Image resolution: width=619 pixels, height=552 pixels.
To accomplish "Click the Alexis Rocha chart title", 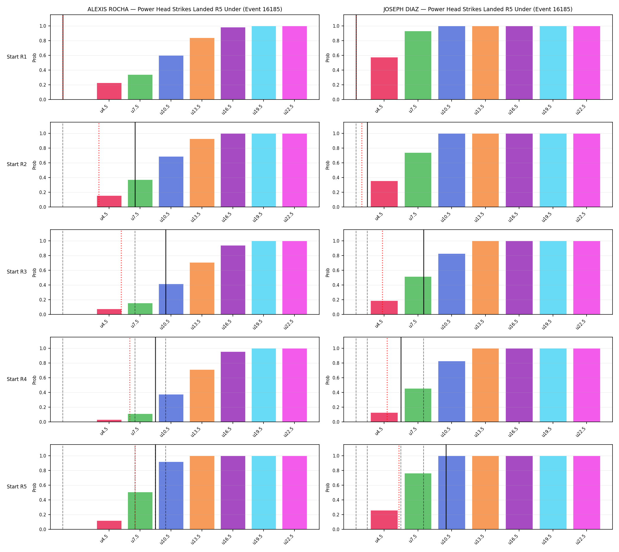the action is [185, 9].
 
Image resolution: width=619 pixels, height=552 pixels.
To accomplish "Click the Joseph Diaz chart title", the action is [478, 9].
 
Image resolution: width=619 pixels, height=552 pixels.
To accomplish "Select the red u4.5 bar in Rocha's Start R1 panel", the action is [109, 91].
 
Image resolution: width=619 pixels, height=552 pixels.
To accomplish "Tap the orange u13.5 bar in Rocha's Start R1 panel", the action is [202, 69].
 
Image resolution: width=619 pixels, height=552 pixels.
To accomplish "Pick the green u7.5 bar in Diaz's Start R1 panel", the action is [418, 65].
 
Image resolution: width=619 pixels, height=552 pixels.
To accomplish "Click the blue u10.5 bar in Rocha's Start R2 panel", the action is [171, 182].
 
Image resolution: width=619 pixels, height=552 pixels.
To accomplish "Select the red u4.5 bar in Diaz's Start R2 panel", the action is [384, 194].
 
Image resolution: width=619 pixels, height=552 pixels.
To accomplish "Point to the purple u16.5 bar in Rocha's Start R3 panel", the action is [233, 280].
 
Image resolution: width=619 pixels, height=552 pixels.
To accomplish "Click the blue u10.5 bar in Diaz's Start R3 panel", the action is [452, 284].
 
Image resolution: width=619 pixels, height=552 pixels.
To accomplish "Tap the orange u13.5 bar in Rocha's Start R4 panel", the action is [202, 396].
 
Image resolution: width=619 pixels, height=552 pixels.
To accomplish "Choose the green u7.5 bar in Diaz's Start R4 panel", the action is [418, 405].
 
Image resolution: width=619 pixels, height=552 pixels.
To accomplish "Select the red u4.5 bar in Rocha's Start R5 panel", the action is [109, 525].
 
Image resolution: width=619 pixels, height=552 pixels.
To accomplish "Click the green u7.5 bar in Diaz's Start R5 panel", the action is [418, 501].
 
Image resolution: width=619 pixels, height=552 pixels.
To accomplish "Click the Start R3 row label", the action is [17, 272].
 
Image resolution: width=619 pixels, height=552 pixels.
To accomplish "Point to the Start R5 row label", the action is [17, 486].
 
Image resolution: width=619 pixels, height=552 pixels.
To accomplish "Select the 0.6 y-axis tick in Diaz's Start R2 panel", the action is [336, 163].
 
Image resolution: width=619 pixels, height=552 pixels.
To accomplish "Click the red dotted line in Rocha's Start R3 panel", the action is [121, 272].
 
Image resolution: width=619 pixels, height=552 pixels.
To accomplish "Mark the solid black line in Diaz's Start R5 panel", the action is [446, 487].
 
